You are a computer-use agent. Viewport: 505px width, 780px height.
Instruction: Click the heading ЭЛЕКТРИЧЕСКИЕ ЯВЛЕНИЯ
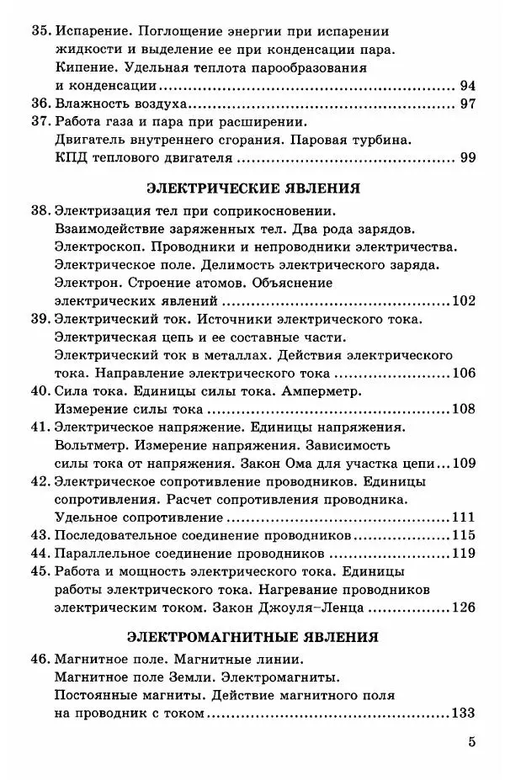point(253,187)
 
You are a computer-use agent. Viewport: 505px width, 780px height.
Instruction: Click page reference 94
point(469,85)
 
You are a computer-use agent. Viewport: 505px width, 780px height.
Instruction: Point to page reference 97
point(469,104)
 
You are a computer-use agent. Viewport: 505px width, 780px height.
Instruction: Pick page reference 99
point(469,158)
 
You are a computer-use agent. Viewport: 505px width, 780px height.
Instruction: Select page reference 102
point(464,300)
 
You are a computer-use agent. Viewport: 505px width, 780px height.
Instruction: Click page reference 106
point(464,373)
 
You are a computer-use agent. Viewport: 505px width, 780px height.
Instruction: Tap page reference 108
point(464,410)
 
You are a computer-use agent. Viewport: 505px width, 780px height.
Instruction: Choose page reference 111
point(464,517)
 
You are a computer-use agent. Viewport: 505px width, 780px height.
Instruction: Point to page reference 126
point(464,608)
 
